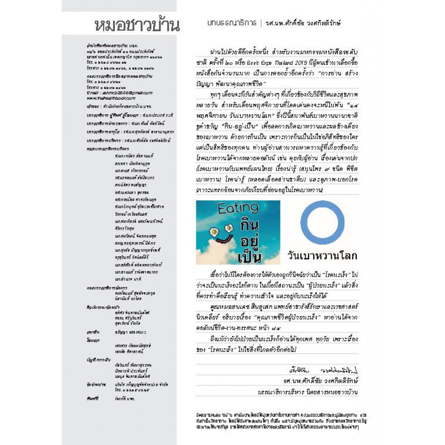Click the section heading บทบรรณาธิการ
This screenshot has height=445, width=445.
pyautogui.click(x=231, y=23)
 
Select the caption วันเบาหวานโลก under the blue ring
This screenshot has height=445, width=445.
pyautogui.click(x=323, y=257)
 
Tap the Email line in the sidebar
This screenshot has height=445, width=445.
pyautogui.click(x=112, y=93)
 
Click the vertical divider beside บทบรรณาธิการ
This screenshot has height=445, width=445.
pyautogui.click(x=260, y=23)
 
